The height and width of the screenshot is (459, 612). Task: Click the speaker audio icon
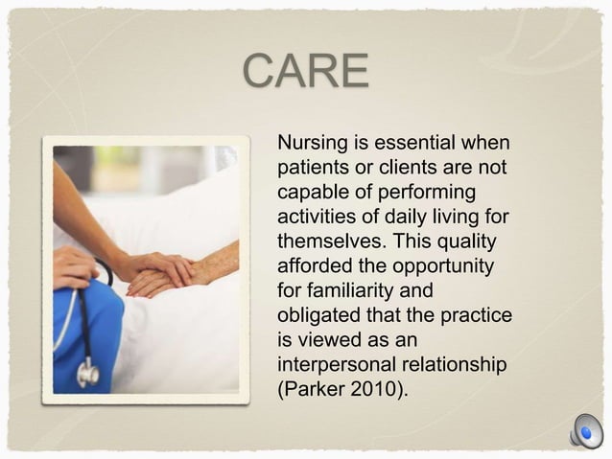[x=584, y=430]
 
